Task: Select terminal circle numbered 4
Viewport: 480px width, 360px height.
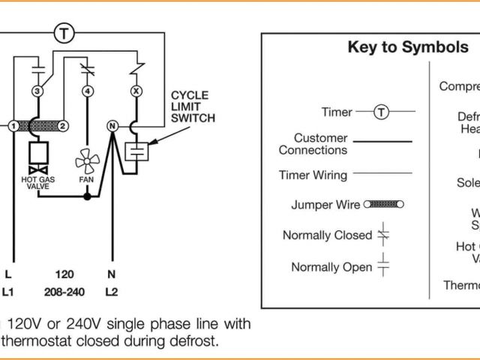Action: pos(88,91)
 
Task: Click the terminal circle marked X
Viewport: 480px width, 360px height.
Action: pos(136,91)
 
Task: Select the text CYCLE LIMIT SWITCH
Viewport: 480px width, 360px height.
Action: pos(193,106)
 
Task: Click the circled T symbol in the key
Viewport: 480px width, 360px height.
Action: pos(382,112)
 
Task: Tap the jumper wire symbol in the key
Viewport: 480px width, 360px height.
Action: pos(383,204)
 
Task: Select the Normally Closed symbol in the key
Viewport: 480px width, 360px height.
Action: pos(383,234)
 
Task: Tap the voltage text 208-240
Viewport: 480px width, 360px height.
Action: pos(64,291)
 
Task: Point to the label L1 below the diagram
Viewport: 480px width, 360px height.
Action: pos(9,291)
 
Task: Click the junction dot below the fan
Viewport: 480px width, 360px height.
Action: pos(88,196)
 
